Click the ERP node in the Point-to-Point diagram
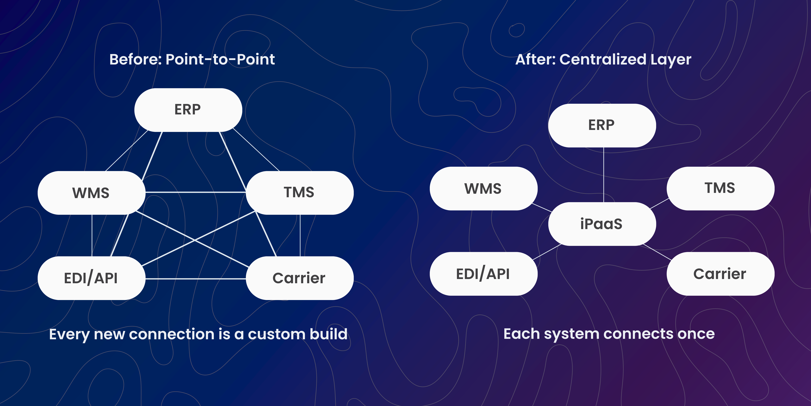click(188, 110)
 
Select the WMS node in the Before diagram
click(91, 193)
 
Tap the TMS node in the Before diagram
click(299, 193)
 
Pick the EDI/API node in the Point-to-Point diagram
click(91, 278)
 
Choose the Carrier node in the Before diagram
click(299, 278)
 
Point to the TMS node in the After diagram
click(720, 189)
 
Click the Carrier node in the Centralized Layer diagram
click(720, 274)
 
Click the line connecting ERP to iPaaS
click(604, 175)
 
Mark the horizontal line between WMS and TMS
click(195, 192)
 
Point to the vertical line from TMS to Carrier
click(300, 235)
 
